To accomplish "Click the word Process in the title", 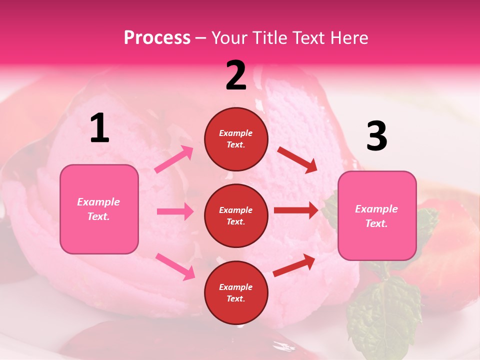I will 157,38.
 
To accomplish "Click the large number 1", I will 100,128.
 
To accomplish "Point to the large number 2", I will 236,75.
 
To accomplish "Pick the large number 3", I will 376,136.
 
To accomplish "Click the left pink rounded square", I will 99,209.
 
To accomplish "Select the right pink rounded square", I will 377,216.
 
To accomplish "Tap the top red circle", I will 236,139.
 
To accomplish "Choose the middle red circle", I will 236,215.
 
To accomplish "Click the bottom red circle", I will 236,292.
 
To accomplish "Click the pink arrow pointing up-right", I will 174,159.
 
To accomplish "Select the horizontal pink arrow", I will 175,211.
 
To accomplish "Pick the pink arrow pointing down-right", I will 175,266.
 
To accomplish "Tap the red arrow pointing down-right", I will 297,160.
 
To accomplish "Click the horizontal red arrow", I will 296,210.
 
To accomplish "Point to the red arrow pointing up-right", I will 294,265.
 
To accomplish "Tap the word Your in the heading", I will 228,38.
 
